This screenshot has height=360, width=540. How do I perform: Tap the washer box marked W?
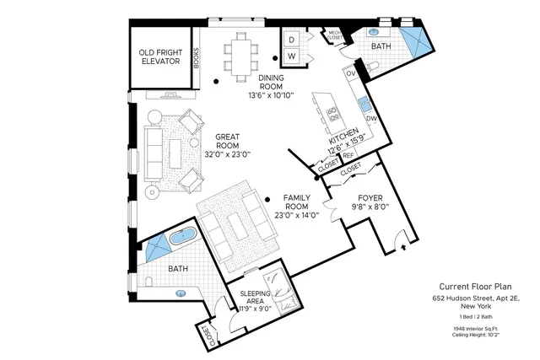tap(291, 56)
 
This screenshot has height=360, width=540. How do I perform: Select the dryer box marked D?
tap(291, 40)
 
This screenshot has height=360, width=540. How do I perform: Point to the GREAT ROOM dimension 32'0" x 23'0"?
tap(228, 154)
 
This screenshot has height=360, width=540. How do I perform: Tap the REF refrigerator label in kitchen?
tap(348, 155)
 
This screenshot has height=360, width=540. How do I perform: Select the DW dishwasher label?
tap(370, 119)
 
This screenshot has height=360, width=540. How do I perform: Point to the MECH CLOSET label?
tap(335, 35)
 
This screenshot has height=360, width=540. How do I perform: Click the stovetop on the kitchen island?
tap(332, 113)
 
